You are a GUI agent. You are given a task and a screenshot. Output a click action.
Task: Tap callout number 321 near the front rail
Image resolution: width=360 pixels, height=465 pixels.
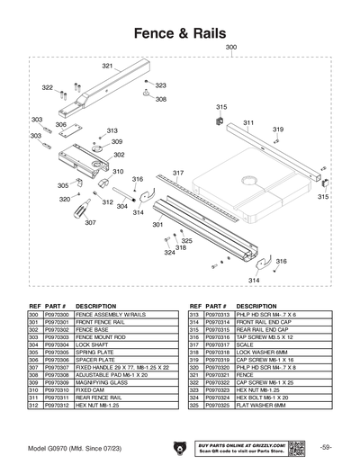[107, 67]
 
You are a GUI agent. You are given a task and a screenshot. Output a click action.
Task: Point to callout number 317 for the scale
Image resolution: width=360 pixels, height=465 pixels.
[178, 172]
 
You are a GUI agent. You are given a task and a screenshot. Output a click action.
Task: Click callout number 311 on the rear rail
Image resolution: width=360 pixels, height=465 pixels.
[247, 122]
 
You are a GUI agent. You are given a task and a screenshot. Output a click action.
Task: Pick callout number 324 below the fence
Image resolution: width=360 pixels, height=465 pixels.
[169, 253]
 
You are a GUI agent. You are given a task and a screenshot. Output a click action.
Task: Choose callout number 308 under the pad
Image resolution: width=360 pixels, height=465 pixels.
[160, 99]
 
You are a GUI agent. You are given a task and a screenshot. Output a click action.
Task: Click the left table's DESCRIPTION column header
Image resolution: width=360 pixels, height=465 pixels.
[96, 306]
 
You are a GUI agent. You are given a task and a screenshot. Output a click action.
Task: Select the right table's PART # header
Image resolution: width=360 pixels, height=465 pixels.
[219, 306]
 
